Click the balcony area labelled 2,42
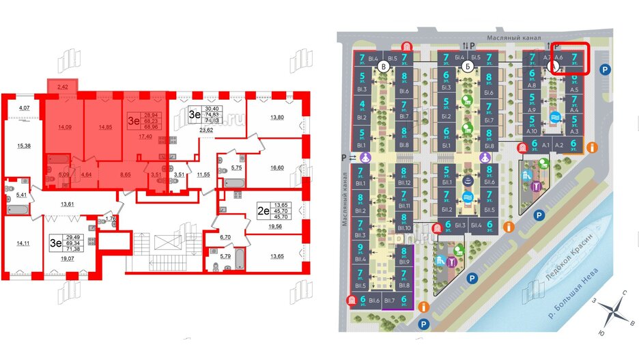62,87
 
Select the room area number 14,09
66,126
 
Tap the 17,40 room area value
144,137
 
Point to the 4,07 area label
25,109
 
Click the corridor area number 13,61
68,204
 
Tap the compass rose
615,314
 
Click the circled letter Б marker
468,67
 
